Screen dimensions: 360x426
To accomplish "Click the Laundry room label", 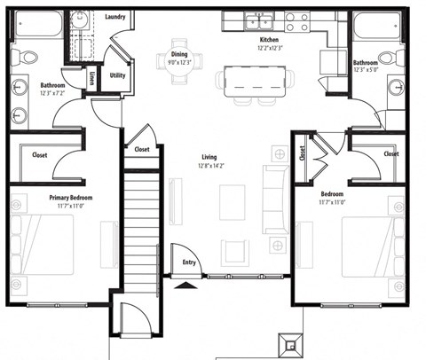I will coord(114,17).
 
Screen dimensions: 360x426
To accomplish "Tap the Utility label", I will coord(117,75).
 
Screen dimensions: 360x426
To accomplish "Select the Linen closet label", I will coord(93,79).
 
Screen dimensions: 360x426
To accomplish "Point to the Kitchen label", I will coord(270,41).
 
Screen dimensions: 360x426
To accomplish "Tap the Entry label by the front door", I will coord(190,262).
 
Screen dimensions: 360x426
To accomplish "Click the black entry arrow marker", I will coord(185,285).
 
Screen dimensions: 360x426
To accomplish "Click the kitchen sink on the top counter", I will coord(259,20).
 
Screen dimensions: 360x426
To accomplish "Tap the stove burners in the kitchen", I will coord(296,20).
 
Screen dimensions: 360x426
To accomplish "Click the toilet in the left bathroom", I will coord(27,59).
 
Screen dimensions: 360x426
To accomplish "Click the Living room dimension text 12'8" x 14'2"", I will coord(211,164).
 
